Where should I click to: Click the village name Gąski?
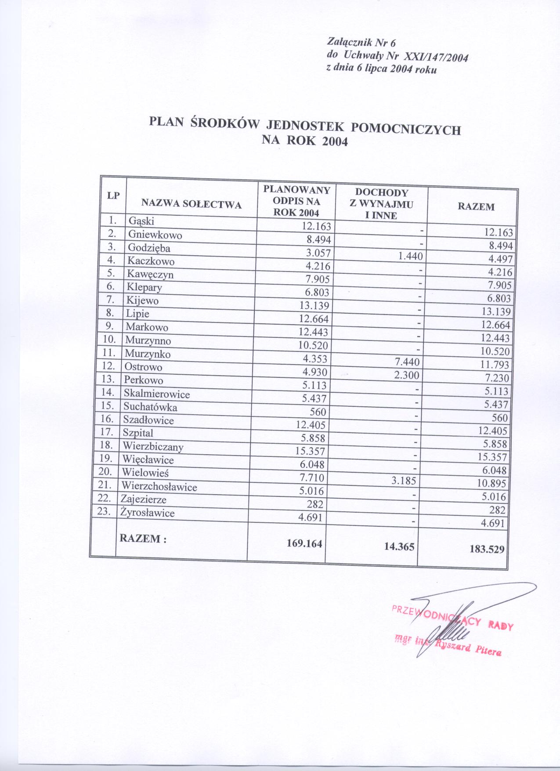[141, 221]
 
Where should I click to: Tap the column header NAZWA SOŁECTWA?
[191, 204]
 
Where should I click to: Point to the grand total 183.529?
[487, 549]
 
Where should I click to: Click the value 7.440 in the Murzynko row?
[407, 362]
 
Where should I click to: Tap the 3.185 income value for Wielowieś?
[403, 480]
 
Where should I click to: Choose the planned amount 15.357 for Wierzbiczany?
[310, 451]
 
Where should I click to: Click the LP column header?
[113, 196]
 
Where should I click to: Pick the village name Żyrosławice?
[147, 513]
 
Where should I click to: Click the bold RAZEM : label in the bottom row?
[143, 539]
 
